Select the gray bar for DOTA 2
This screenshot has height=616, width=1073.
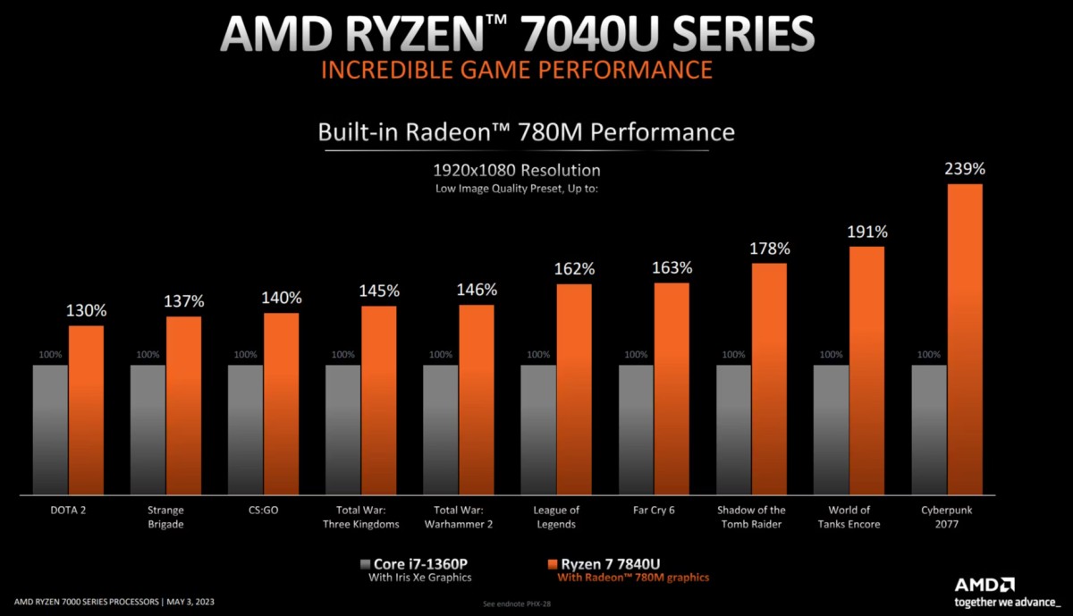pyautogui.click(x=50, y=428)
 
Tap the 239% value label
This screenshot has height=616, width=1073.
pyautogui.click(x=965, y=167)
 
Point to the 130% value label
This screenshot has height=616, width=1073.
pyautogui.click(x=87, y=311)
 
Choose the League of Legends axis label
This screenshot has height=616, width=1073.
pyautogui.click(x=556, y=517)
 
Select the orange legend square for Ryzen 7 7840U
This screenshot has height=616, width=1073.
pyautogui.click(x=551, y=564)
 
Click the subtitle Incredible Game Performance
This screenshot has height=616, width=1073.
pyautogui.click(x=517, y=69)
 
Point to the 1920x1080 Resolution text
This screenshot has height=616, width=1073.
pyautogui.click(x=517, y=170)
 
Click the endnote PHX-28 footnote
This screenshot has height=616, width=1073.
pyautogui.click(x=518, y=603)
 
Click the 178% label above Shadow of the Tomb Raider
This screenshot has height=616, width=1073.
pyautogui.click(x=770, y=248)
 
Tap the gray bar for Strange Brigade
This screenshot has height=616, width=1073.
pyautogui.click(x=148, y=428)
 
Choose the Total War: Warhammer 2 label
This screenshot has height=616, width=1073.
pyautogui.click(x=458, y=517)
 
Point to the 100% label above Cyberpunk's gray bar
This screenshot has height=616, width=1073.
pyautogui.click(x=929, y=355)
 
